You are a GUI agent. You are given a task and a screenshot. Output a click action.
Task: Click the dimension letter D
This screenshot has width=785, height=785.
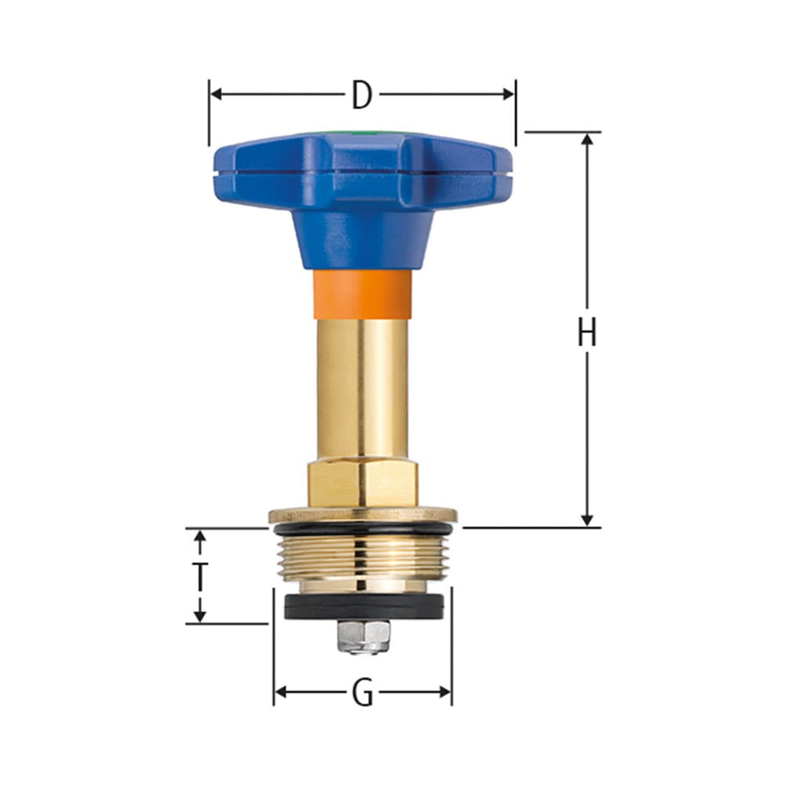[x=361, y=95]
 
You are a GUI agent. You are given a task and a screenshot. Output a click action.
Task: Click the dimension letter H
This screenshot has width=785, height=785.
[x=586, y=333]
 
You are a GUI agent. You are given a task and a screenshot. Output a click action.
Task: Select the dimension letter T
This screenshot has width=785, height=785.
[x=200, y=577]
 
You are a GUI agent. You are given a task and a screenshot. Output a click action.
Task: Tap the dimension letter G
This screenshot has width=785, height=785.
[x=362, y=693]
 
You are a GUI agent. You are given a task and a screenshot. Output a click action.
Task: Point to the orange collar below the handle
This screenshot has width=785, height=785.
[x=363, y=294]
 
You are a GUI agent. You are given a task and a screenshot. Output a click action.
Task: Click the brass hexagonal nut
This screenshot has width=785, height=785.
[x=363, y=484]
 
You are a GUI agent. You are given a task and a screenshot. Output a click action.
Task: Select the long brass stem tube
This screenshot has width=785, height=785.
[x=363, y=389]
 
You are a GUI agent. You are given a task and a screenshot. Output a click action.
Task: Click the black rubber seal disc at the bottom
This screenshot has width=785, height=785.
[x=363, y=606]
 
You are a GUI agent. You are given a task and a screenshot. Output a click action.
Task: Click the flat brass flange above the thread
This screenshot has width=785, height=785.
[x=363, y=516]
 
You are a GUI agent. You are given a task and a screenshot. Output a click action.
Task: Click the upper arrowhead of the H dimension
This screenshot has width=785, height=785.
[x=586, y=140]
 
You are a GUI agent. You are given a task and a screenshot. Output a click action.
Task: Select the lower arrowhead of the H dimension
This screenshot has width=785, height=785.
[x=586, y=520]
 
